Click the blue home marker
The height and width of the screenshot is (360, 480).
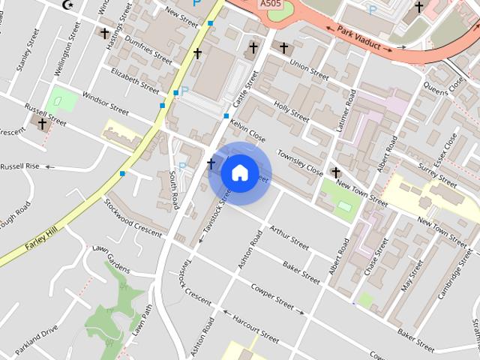click(x=239, y=173)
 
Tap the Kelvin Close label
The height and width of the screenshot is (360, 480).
click(x=248, y=130)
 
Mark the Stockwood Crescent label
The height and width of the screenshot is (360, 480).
click(x=133, y=218)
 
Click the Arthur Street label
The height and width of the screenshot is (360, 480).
click(x=289, y=237)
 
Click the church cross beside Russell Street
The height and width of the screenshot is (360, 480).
click(x=42, y=123)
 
